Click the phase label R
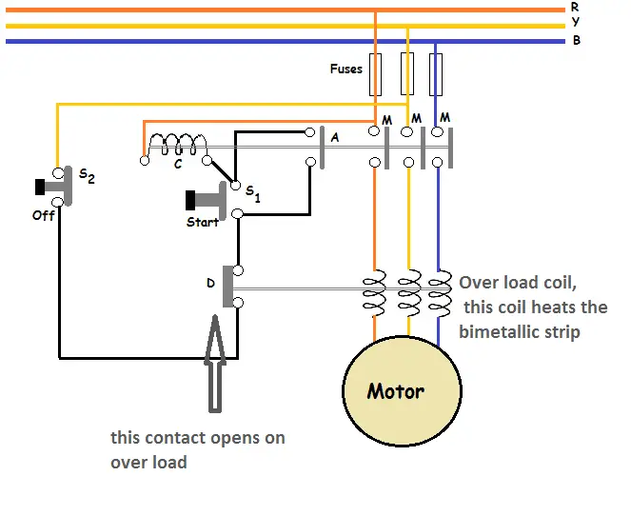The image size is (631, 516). tap(575, 6)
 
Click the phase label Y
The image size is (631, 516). tap(575, 23)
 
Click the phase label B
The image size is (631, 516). tap(576, 41)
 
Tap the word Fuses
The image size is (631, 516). tap(345, 69)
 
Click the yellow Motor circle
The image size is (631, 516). tap(402, 391)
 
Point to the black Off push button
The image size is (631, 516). tap(43, 187)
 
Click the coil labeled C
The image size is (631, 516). tap(177, 146)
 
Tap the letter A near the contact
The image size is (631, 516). tap(333, 137)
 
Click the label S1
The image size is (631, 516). tap(252, 193)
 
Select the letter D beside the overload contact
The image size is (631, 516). tap(210, 283)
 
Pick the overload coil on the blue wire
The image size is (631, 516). tap(440, 294)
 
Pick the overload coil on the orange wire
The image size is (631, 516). tap(374, 294)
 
